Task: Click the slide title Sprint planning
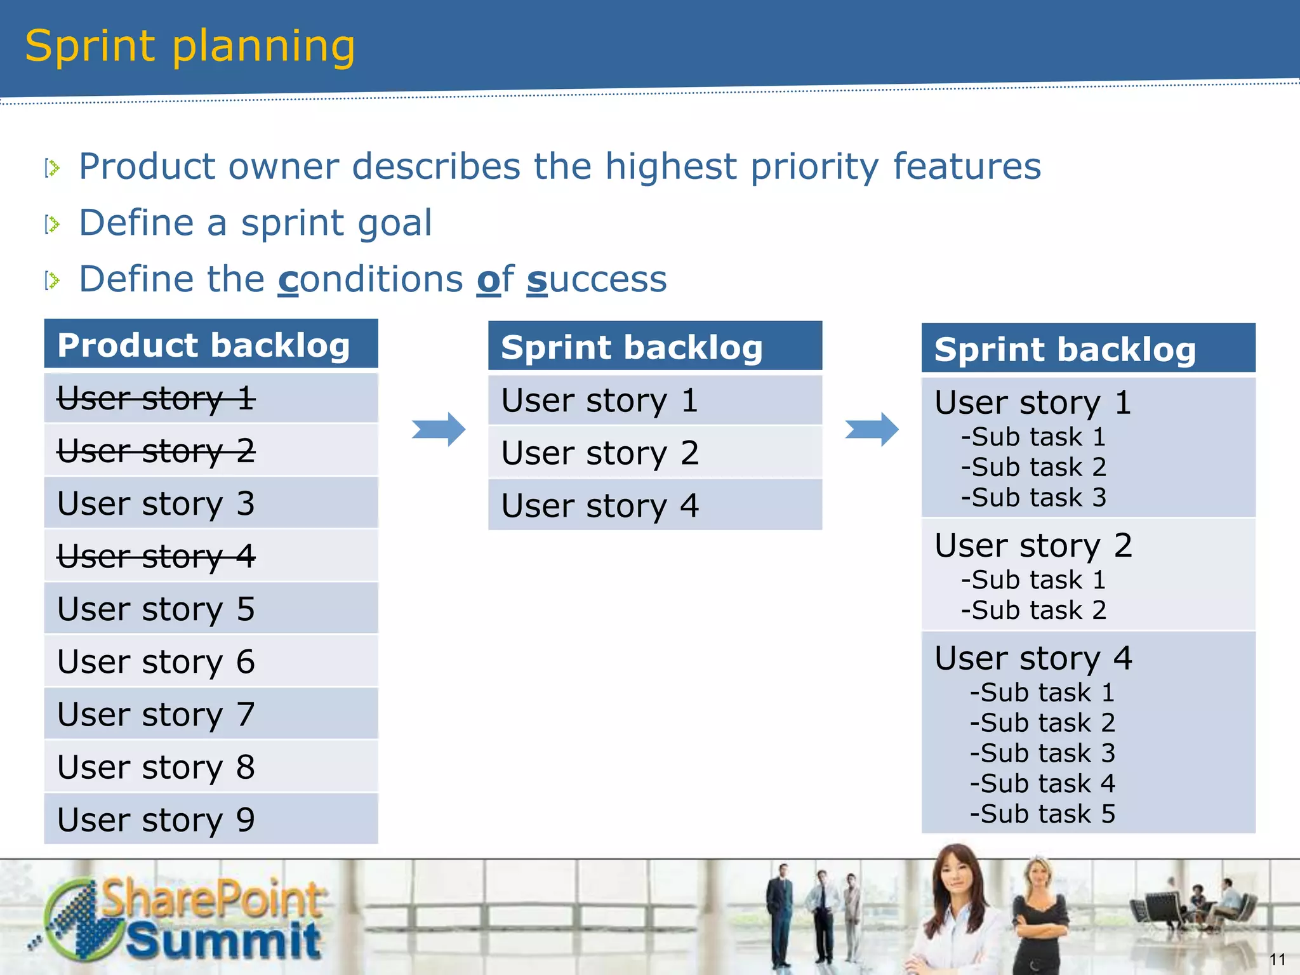190,47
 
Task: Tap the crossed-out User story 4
156,556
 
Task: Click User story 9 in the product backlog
156,819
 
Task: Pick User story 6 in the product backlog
156,661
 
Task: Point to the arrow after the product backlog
439,429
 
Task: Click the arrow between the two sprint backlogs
872,429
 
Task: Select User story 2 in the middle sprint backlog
600,453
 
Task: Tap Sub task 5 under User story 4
1042,814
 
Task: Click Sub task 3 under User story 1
1033,498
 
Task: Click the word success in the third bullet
597,279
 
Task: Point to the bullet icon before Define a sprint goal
52,224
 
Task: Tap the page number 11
1277,959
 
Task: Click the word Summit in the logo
223,941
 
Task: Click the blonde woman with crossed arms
1039,914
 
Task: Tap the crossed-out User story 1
156,399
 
